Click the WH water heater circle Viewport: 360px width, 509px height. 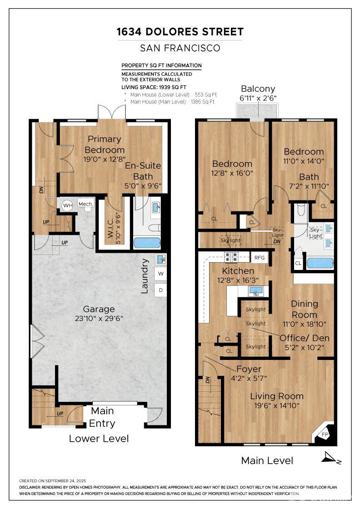68,205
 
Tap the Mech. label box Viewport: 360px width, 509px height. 86,204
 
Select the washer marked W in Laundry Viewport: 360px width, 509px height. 161,274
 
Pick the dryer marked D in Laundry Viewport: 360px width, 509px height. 161,290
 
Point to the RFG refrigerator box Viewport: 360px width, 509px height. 260,257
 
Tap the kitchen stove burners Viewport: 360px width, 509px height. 232,257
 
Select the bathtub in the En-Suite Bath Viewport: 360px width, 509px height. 147,243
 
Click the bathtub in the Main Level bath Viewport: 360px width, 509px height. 320,263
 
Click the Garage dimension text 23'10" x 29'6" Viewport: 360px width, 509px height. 99,318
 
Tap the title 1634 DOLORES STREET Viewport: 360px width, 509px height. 180,31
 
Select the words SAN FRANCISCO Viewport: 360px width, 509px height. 180,48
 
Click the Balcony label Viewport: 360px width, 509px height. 258,89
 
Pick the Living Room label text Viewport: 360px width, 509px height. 277,396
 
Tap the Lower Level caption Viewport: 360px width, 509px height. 99,439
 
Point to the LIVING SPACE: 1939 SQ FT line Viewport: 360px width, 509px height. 154,87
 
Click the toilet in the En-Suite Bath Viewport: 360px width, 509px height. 155,228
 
